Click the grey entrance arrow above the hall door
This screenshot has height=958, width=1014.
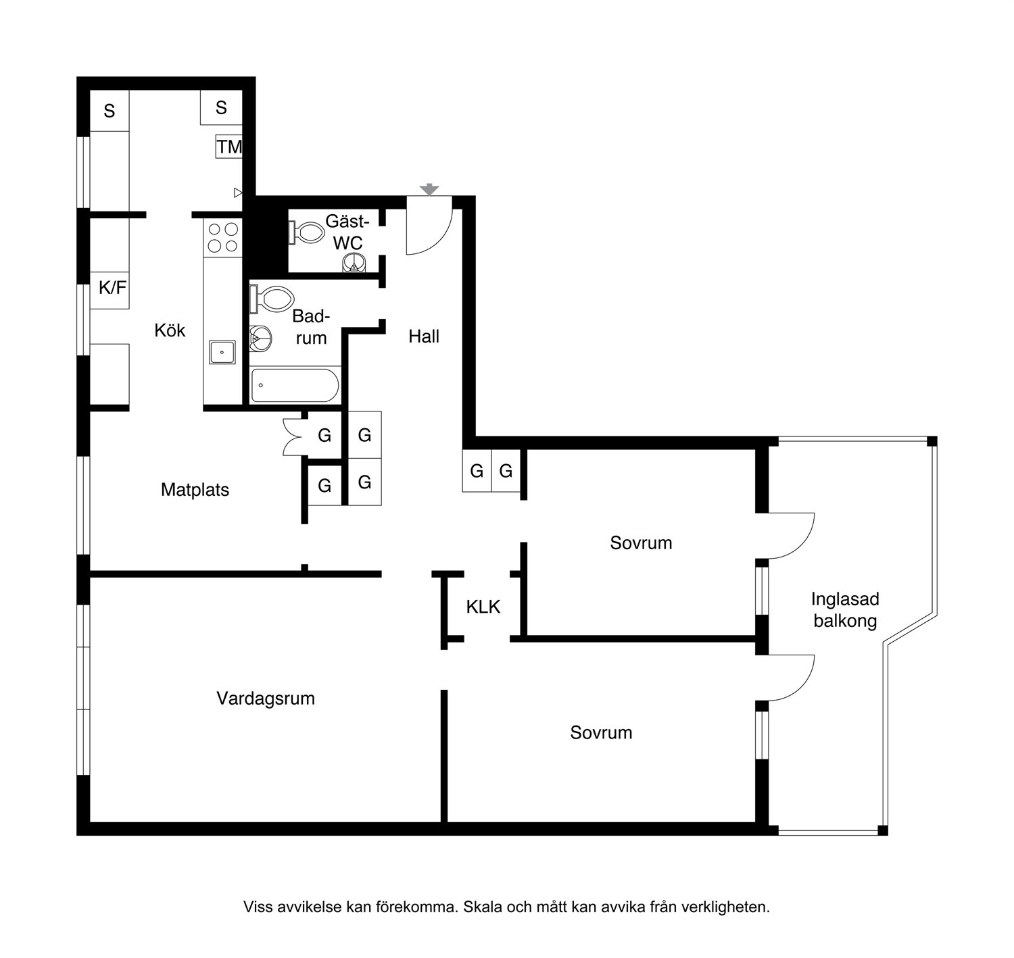click(429, 189)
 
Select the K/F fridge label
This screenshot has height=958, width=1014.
click(112, 288)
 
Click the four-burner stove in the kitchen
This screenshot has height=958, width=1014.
click(223, 238)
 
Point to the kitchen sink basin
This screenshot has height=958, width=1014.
click(222, 352)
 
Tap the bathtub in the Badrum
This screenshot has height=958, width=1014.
click(295, 385)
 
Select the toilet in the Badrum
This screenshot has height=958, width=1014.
click(272, 299)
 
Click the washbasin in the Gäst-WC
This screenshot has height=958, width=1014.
click(354, 263)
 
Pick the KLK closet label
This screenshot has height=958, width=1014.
click(483, 607)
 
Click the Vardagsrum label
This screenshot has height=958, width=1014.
click(266, 698)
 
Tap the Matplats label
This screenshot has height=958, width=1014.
click(195, 489)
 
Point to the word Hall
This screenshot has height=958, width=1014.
click(424, 336)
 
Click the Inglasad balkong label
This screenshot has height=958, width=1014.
click(845, 609)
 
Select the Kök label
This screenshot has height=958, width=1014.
click(170, 330)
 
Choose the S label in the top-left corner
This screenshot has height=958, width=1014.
click(110, 111)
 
